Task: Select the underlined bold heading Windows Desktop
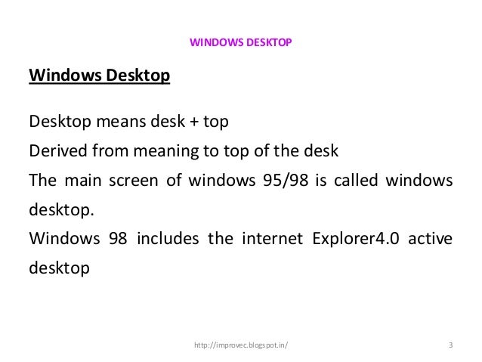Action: tap(99, 76)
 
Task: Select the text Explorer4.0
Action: tap(357, 240)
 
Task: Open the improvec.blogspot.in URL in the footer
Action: tap(240, 347)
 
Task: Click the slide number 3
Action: tap(450, 347)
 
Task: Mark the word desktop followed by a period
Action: tap(60, 211)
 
